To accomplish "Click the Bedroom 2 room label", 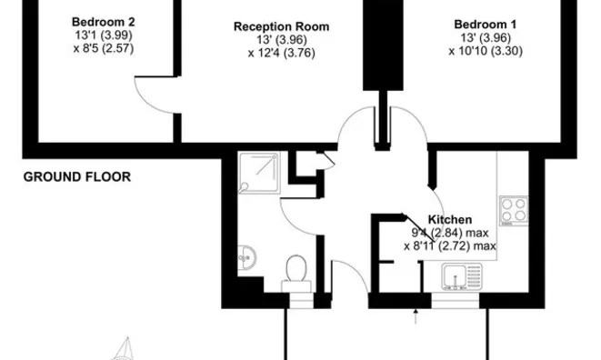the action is [x=103, y=22].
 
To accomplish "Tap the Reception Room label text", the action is [x=281, y=27].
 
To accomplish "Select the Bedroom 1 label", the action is [x=486, y=25].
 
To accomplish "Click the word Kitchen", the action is [x=449, y=220].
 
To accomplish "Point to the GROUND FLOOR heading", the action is [x=77, y=176].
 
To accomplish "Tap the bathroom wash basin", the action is [x=246, y=257].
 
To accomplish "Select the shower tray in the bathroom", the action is [x=259, y=173].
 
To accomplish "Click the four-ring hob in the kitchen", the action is [x=514, y=211].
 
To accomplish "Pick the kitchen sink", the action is [x=462, y=276].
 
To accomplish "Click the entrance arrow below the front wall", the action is [x=416, y=316].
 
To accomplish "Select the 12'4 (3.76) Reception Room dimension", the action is [x=281, y=53].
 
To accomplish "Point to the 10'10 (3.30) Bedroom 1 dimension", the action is [x=486, y=51].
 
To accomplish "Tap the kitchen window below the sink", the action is [x=455, y=301].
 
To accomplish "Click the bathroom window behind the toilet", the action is [x=301, y=301].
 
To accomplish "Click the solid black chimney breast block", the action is [x=383, y=45].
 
